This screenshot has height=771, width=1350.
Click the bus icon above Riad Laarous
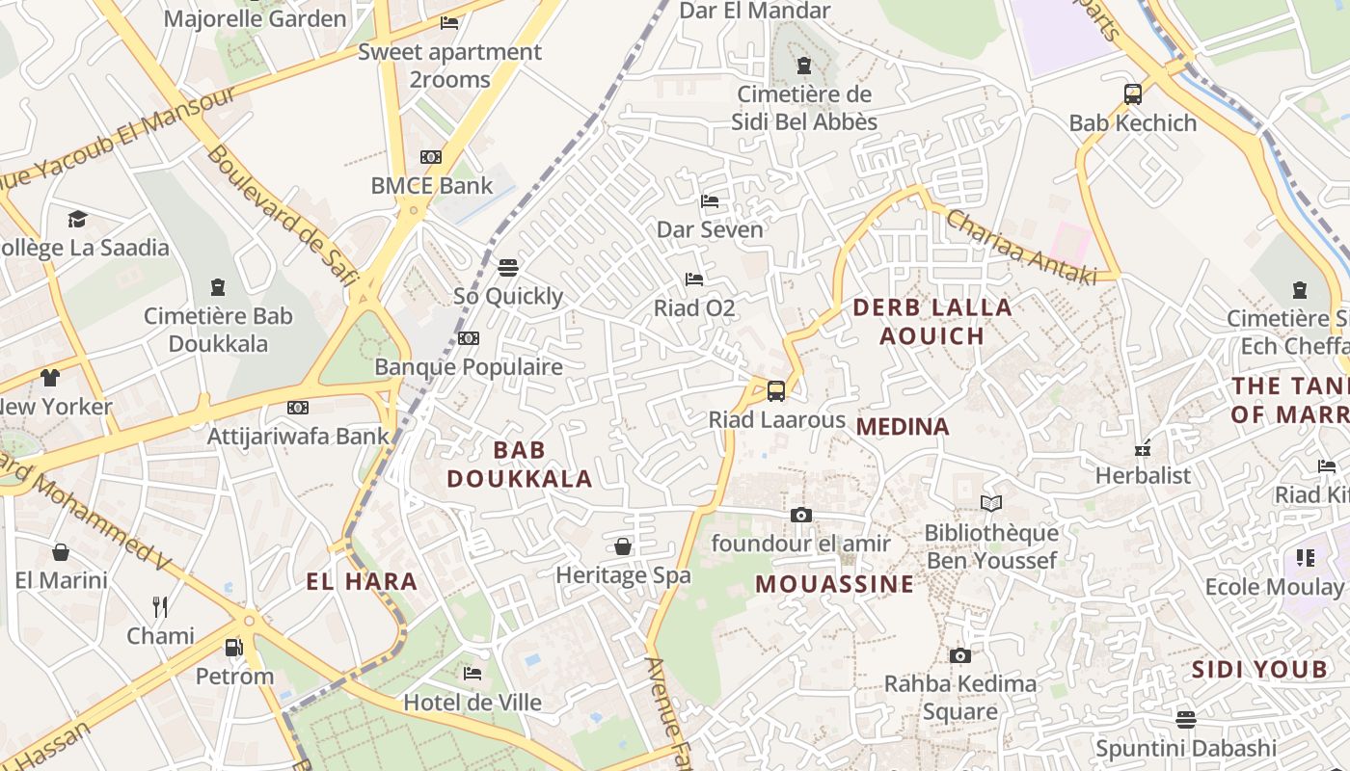tap(775, 391)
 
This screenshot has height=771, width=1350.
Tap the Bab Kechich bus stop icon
tap(1133, 94)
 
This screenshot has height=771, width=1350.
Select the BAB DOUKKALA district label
tap(520, 464)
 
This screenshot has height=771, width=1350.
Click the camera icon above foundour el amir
tap(800, 516)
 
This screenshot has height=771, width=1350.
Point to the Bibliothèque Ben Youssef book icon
tap(991, 503)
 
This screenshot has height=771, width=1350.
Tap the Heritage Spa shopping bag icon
tap(623, 547)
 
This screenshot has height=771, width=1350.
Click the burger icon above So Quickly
tap(508, 267)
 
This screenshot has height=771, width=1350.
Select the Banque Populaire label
tap(469, 367)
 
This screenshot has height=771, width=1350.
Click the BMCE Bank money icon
tap(431, 157)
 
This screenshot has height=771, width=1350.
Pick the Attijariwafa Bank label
tap(298, 436)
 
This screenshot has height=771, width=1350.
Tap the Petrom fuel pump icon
tap(234, 648)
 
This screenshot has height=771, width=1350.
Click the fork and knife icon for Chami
tap(160, 607)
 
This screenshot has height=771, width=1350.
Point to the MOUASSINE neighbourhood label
tap(834, 584)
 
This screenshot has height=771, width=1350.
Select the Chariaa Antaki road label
tap(1021, 247)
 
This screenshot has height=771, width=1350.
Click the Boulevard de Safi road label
tap(281, 216)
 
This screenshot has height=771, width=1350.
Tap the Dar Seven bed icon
tap(710, 201)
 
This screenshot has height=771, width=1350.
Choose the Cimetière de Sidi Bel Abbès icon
tap(803, 66)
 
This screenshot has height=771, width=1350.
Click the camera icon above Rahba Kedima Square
tap(959, 656)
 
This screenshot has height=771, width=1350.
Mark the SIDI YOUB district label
tap(1259, 670)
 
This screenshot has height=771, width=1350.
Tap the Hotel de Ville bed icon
tap(472, 674)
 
